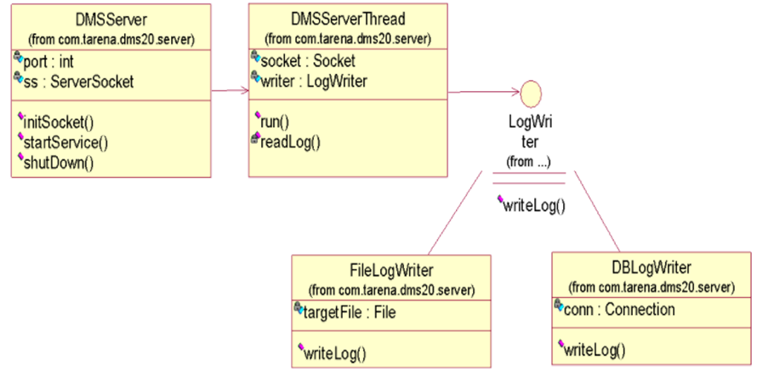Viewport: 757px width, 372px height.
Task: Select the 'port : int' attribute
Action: click(x=54, y=62)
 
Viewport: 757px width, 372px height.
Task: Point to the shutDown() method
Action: click(x=66, y=161)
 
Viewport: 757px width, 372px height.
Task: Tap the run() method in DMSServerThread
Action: click(x=277, y=122)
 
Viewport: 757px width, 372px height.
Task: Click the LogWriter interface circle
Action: click(x=529, y=92)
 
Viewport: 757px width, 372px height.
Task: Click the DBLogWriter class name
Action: click(x=652, y=270)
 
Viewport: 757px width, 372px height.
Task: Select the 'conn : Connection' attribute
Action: click(x=620, y=310)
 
